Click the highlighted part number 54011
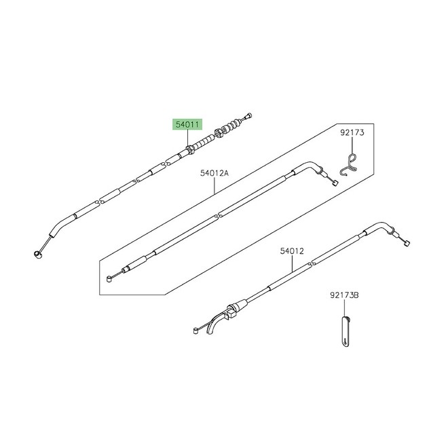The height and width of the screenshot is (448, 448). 187,125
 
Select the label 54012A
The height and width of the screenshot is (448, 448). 214,173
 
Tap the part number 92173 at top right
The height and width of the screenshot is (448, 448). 352,132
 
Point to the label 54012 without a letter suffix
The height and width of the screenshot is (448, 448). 292,251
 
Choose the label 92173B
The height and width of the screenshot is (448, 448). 344,295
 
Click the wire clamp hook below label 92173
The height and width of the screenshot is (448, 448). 349,165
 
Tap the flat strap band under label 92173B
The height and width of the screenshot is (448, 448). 346,332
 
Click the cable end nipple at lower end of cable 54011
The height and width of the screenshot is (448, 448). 38,254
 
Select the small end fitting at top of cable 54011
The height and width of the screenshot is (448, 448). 248,115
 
